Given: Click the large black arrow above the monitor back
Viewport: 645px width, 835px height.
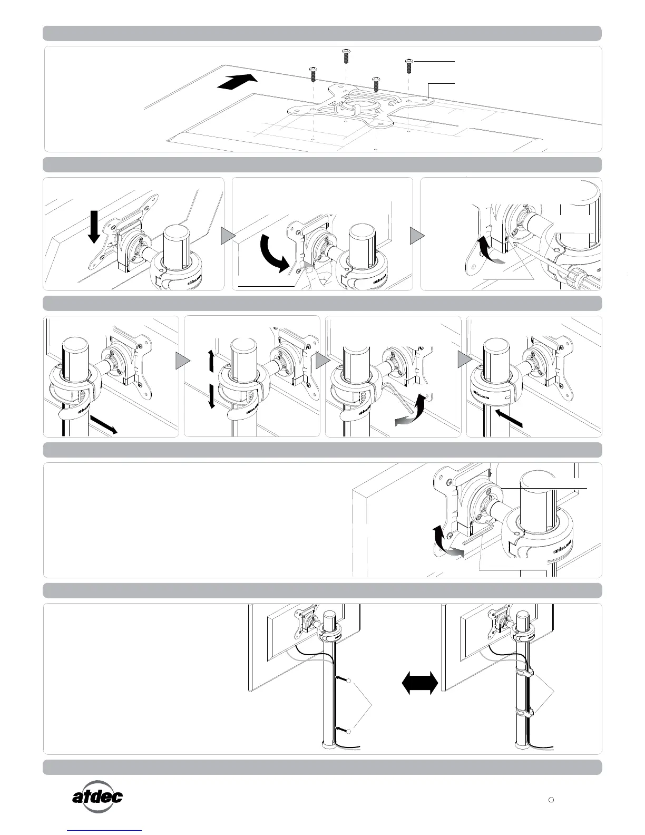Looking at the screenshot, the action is tap(237, 83).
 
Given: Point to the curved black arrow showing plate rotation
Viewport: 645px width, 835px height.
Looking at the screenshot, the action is tap(274, 253).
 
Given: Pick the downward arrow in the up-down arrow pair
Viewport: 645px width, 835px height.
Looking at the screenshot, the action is tap(211, 396).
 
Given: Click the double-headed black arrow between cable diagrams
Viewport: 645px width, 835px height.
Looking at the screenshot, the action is tap(419, 683).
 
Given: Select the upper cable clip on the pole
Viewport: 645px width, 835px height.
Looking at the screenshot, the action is tap(525, 672).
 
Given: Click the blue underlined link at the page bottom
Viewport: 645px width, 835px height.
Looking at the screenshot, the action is tap(104, 831).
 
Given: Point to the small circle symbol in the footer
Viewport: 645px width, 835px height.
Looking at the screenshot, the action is tap(551, 800).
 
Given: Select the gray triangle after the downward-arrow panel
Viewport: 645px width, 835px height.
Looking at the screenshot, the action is tap(227, 236).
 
